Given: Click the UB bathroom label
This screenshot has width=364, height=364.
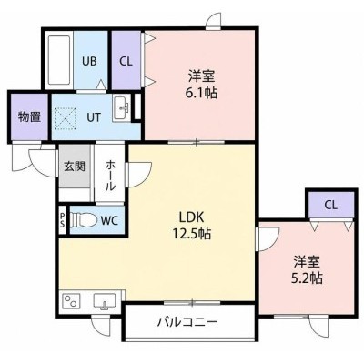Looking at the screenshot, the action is click(x=89, y=61).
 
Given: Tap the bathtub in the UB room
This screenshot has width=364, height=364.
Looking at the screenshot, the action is click(x=59, y=61).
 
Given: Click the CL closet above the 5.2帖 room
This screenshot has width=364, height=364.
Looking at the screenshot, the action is click(x=331, y=205).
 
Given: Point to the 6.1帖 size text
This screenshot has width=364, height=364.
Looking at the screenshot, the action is click(x=201, y=93).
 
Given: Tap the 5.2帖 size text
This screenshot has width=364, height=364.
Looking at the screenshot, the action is click(x=307, y=278).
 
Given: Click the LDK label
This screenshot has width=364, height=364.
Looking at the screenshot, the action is click(x=191, y=217).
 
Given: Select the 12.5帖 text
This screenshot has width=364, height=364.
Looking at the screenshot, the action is click(x=192, y=234).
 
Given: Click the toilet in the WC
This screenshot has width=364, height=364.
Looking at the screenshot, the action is click(x=84, y=219).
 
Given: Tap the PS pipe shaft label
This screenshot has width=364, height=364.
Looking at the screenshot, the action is click(x=63, y=220).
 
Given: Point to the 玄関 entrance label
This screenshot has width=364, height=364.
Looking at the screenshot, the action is click(x=75, y=167).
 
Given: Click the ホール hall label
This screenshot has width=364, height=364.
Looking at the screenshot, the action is click(x=110, y=176).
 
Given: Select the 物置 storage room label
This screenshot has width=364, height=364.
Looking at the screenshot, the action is click(x=29, y=116).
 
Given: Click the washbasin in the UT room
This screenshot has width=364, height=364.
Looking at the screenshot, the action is click(x=122, y=107).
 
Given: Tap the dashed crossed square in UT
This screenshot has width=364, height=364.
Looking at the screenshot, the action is click(x=65, y=119).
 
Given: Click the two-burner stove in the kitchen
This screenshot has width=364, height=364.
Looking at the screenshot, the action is click(x=71, y=301).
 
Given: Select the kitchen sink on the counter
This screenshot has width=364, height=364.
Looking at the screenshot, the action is click(x=105, y=301).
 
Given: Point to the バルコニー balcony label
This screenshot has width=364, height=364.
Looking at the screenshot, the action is click(x=187, y=322).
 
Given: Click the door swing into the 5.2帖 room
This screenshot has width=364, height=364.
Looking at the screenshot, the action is click(x=267, y=239).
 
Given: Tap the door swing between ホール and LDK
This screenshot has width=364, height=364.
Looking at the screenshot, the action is click(x=139, y=175).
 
